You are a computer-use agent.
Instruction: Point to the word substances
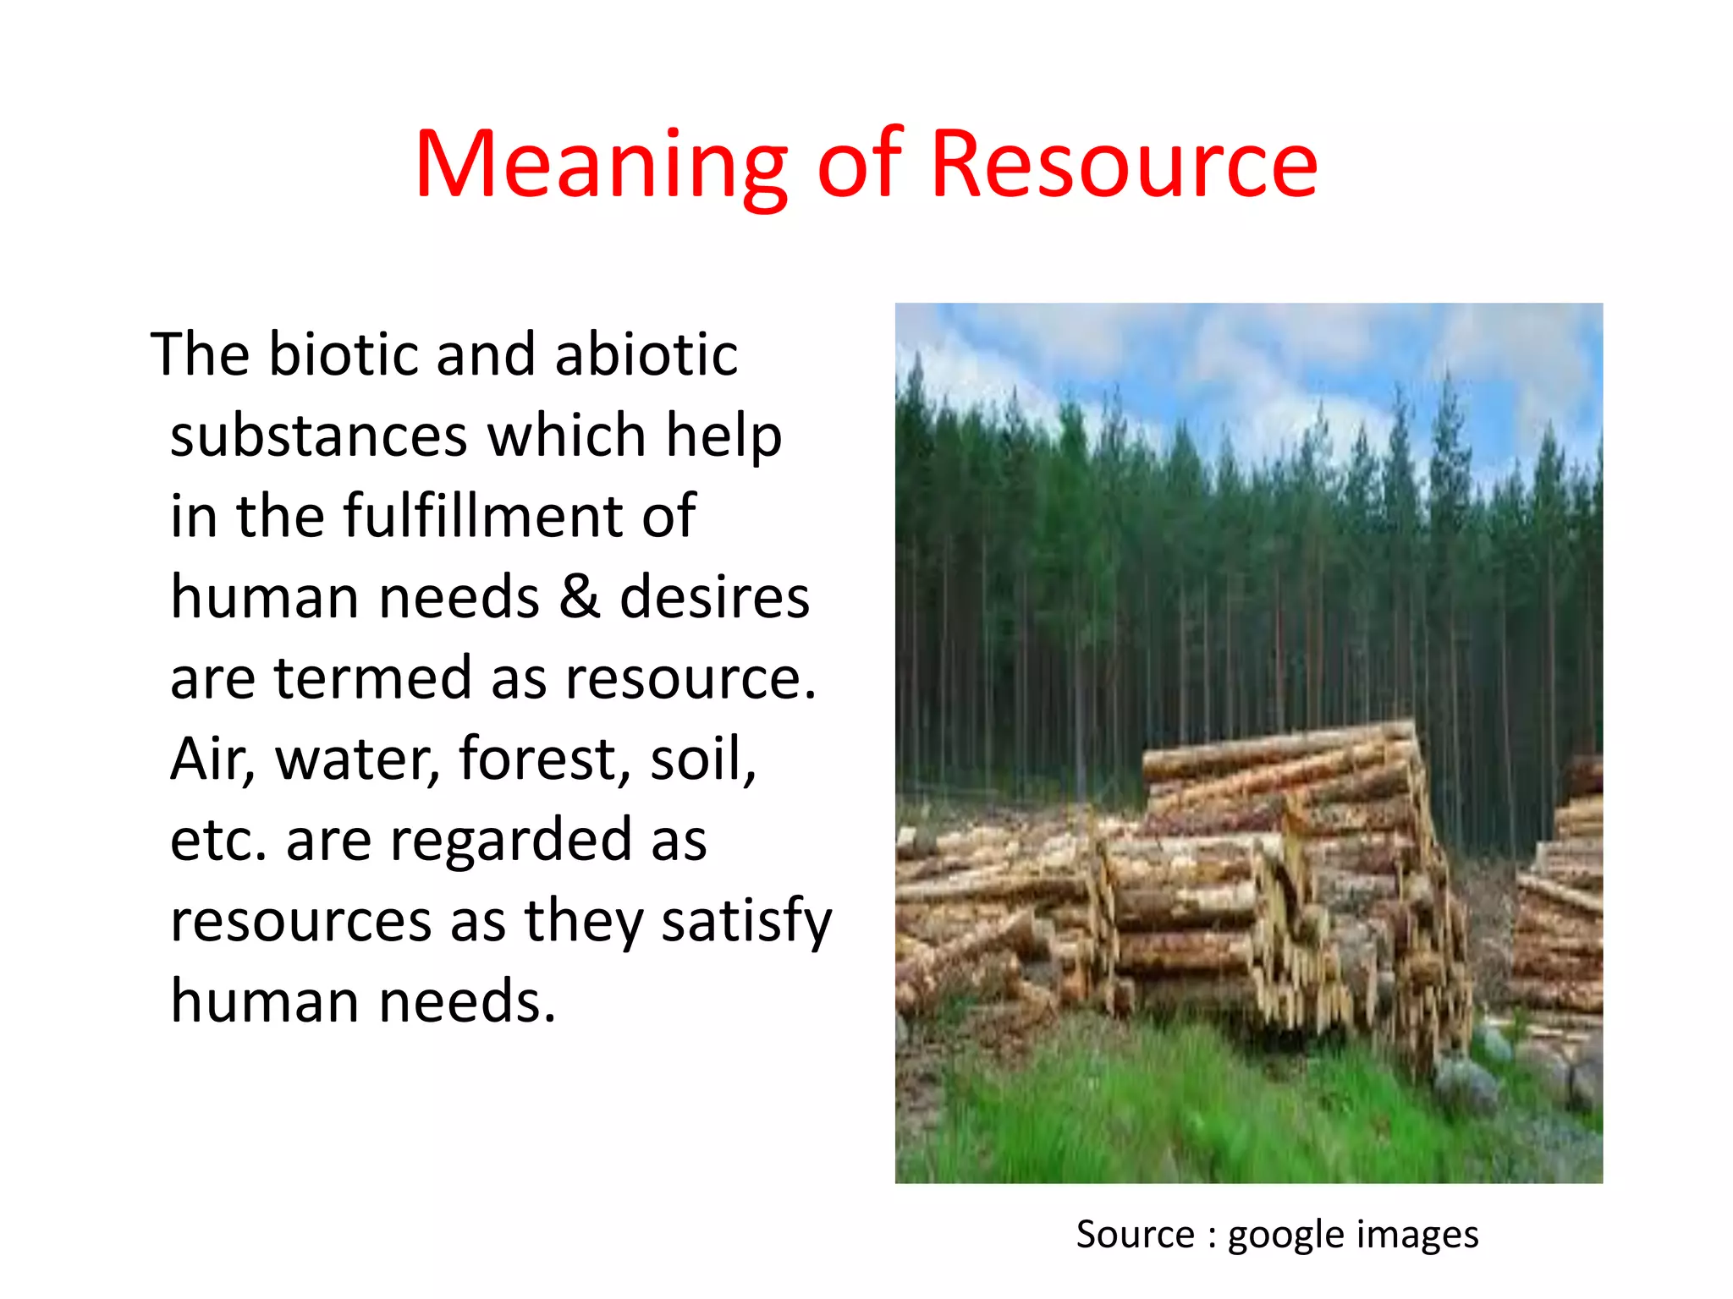[319, 436]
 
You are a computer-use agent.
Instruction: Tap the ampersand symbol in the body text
[579, 597]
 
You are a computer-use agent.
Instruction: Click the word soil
[702, 759]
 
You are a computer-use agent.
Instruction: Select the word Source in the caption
[1135, 1235]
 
